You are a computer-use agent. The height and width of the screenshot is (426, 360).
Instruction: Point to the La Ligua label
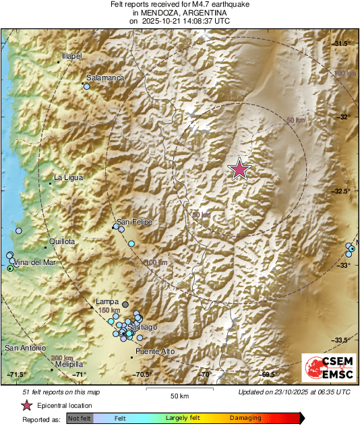67,178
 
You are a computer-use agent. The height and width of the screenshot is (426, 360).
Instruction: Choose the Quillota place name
61,241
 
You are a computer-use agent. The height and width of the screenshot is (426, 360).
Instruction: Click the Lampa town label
108,301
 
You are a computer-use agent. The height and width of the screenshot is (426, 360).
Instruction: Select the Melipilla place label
69,363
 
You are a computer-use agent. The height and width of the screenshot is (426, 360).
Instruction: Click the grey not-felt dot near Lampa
125,305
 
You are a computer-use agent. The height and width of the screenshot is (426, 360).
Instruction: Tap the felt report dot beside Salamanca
87,86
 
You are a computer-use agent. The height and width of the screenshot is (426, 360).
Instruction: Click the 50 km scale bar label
179,396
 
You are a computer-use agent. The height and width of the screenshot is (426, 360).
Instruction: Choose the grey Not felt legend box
80,419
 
